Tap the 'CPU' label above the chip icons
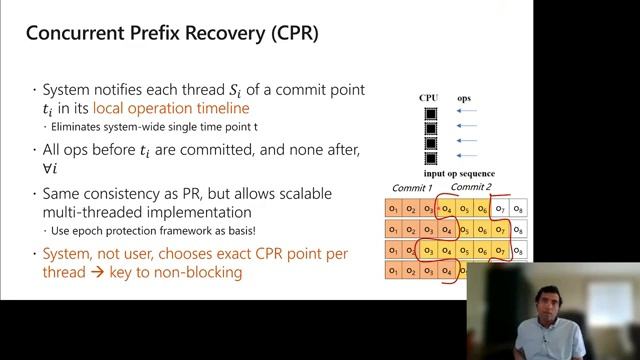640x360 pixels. (x=429, y=98)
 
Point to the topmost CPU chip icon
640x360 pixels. (x=431, y=113)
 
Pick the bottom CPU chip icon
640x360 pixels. (x=431, y=158)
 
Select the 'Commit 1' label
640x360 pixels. (x=412, y=188)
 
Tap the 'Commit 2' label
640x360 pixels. (x=471, y=187)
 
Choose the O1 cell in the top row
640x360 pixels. (x=394, y=208)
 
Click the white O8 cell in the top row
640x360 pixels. (x=518, y=209)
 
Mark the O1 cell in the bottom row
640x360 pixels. (x=394, y=270)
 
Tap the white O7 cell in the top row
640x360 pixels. (x=501, y=209)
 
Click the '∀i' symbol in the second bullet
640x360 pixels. (x=49, y=167)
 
